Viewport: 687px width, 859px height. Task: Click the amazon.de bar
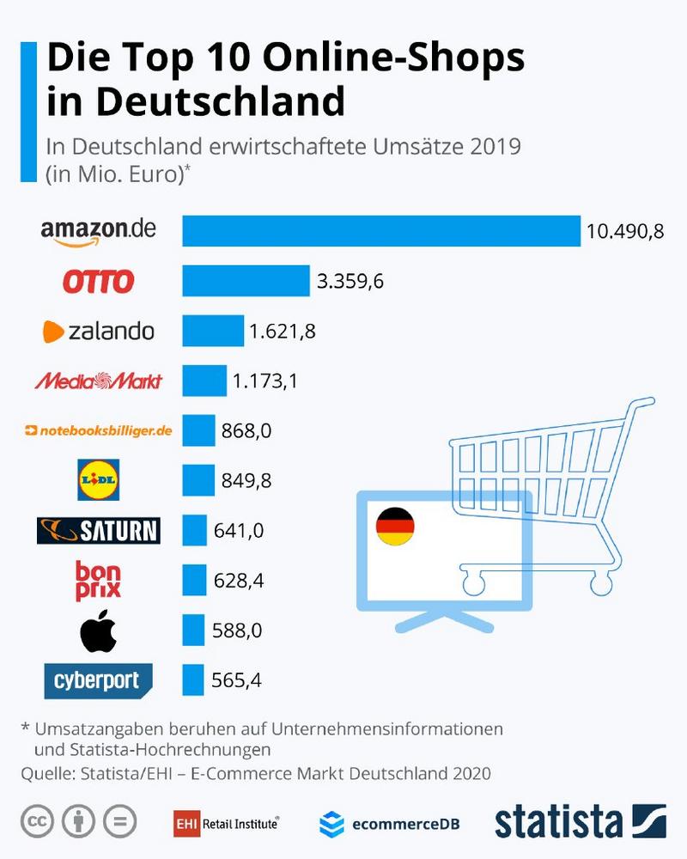click(381, 231)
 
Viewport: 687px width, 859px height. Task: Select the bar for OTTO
click(246, 281)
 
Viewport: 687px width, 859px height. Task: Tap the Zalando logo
click(99, 331)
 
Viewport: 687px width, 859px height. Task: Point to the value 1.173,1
click(264, 381)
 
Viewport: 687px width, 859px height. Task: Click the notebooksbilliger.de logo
click(99, 430)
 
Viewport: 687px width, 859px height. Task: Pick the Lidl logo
click(99, 479)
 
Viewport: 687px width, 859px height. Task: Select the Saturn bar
click(194, 530)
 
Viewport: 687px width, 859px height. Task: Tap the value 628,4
click(237, 582)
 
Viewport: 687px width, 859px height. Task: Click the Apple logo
click(98, 631)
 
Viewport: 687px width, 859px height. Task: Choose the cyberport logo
click(98, 681)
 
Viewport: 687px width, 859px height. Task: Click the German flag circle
click(395, 525)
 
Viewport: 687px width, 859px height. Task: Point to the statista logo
click(581, 821)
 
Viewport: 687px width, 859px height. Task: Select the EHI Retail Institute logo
click(226, 823)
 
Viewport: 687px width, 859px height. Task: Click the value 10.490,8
click(625, 232)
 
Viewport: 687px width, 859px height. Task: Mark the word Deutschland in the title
click(220, 101)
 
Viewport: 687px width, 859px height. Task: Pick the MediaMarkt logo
click(98, 381)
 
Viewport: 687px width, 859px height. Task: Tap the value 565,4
click(236, 682)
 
